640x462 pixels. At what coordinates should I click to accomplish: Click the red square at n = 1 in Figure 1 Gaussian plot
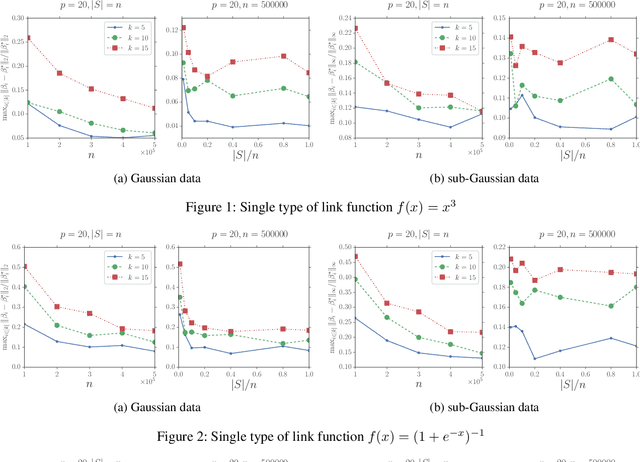pyautogui.click(x=27, y=38)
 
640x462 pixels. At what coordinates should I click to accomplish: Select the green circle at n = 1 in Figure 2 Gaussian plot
pyautogui.click(x=27, y=287)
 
